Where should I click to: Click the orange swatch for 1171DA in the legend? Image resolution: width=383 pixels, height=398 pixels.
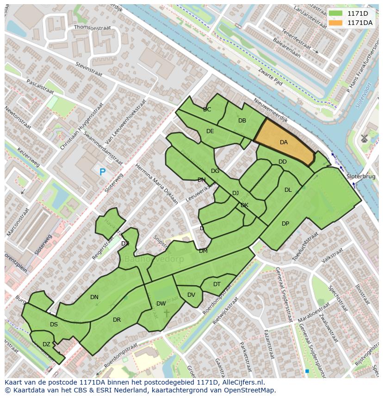[335, 23]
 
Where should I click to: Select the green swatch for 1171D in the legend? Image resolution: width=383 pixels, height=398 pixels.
[335, 13]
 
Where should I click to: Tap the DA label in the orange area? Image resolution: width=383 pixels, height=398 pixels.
[284, 142]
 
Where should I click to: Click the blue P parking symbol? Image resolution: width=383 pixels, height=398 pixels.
[102, 172]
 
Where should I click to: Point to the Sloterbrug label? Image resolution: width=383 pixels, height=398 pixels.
[361, 177]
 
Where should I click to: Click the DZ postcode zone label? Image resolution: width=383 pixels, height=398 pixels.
[46, 344]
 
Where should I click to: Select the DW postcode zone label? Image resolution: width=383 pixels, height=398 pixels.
[161, 304]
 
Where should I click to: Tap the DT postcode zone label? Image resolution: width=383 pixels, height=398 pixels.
[217, 284]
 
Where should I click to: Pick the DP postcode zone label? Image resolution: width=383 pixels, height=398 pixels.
[285, 224]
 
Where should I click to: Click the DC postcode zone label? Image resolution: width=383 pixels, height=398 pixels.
[207, 110]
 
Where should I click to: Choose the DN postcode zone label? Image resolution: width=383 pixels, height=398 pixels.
[94, 297]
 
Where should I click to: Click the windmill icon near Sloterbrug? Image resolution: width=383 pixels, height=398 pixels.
[364, 138]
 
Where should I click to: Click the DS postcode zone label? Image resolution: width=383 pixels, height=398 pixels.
[54, 325]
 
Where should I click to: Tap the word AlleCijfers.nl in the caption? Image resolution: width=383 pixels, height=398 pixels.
[242, 382]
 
